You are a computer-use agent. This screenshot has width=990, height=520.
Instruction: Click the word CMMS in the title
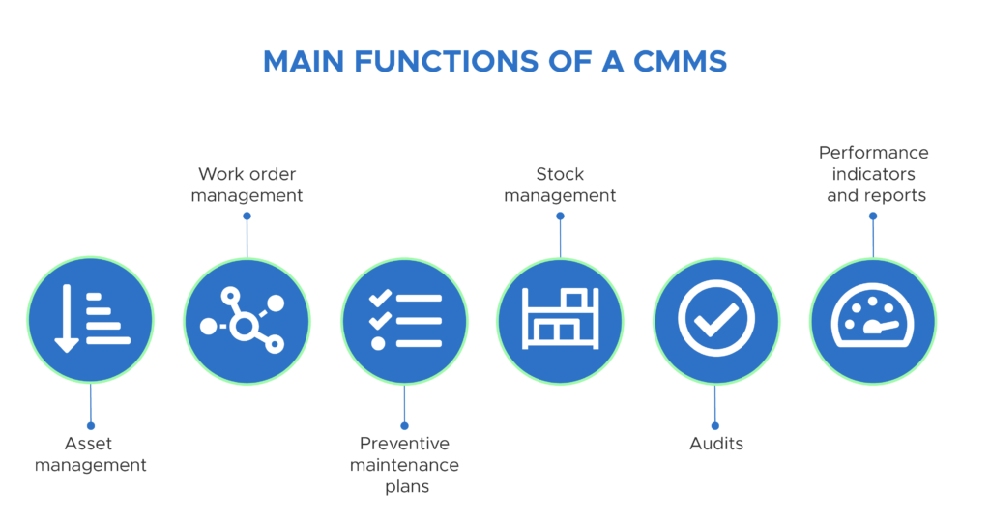click(680, 62)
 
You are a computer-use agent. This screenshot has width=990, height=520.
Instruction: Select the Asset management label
click(90, 453)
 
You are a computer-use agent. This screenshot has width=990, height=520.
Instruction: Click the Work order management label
click(247, 185)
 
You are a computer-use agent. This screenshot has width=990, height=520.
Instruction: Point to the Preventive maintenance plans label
click(405, 465)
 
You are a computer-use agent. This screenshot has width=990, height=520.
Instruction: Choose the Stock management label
click(560, 185)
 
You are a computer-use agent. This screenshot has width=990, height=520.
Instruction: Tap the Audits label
click(716, 444)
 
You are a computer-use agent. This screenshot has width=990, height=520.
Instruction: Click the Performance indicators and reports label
click(874, 174)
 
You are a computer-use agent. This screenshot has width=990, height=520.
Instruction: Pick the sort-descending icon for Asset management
click(92, 318)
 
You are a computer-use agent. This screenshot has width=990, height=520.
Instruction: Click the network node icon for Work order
click(244, 320)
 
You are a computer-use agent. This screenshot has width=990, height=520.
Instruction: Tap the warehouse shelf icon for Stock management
click(561, 319)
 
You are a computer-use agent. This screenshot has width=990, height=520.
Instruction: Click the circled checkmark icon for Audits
click(716, 319)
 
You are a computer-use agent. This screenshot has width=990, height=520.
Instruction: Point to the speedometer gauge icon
click(873, 315)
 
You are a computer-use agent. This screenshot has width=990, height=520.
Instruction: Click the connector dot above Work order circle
click(247, 216)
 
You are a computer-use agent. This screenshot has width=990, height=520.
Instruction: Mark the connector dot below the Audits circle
click(715, 426)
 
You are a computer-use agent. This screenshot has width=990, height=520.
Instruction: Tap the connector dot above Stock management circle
click(560, 216)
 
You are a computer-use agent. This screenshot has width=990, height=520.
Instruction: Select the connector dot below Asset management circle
click(91, 426)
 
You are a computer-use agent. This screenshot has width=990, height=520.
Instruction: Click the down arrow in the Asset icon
click(67, 318)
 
